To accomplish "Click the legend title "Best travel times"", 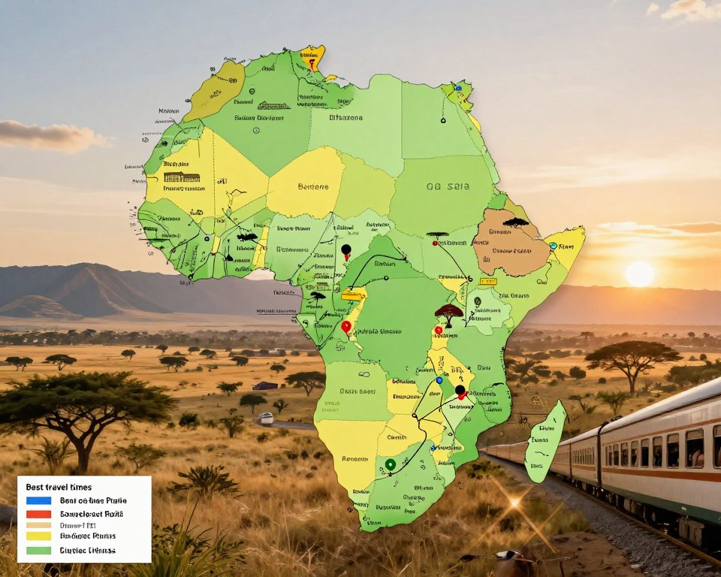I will (59, 487).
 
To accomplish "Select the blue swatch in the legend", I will (38, 500).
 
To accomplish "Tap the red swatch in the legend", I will (38, 514).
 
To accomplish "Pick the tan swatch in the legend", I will (38, 525).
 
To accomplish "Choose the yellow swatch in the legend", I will (38, 536).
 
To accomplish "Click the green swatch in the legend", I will (38, 550).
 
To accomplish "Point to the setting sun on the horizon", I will (639, 273).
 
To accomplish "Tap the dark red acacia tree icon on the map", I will (448, 313).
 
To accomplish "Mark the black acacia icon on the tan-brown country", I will (516, 222).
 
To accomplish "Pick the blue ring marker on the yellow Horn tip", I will (553, 246).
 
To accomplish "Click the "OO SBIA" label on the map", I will (442, 187).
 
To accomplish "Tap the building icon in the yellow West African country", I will (183, 177).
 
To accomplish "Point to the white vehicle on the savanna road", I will (265, 418).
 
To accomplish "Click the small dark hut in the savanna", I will (264, 385).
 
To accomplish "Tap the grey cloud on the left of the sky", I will (49, 136).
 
